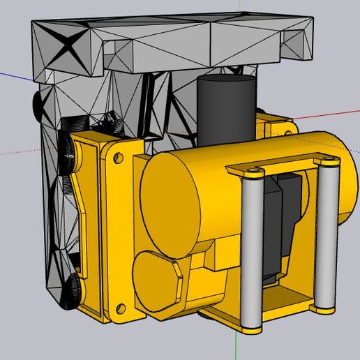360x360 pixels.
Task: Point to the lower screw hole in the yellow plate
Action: click(120, 306)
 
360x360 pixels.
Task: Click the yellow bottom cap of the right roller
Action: click(323, 305)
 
